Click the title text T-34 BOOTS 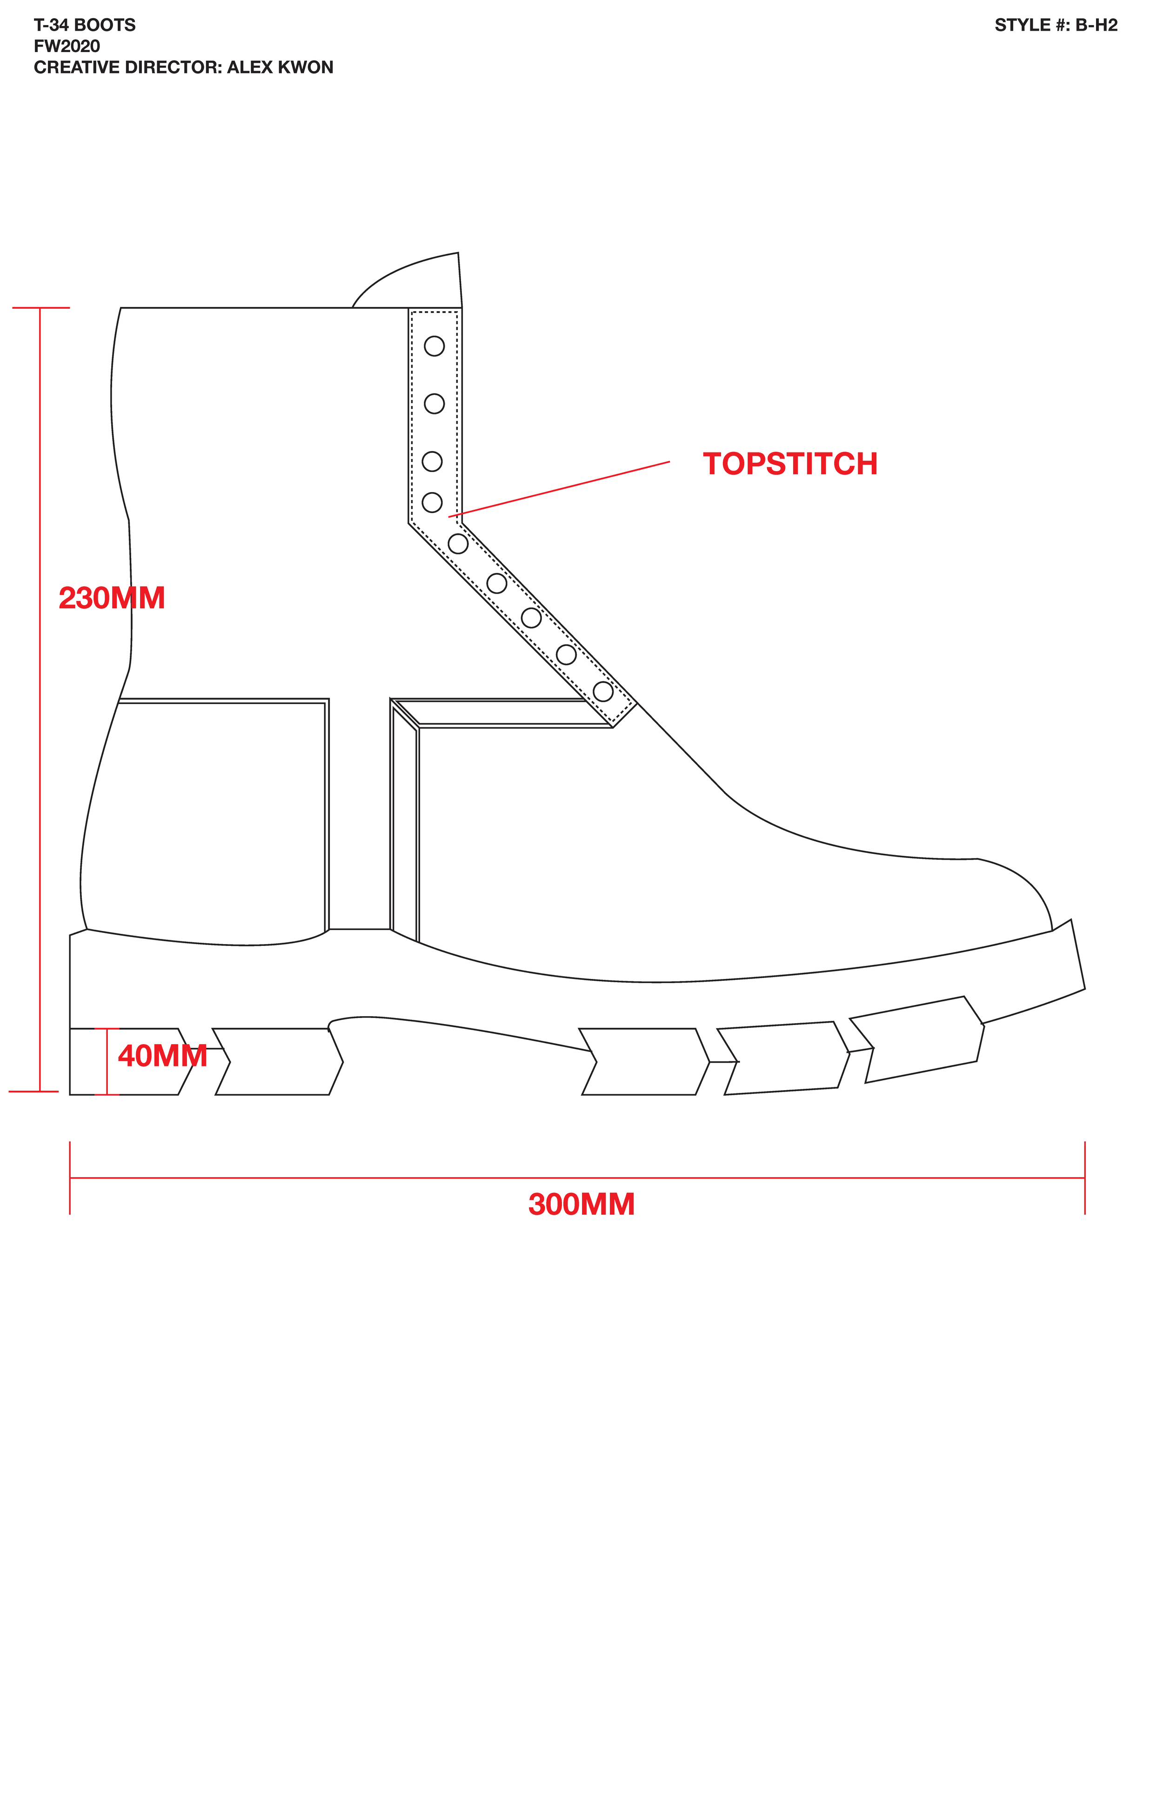[x=85, y=25]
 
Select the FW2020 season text [x=67, y=46]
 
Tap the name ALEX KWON [x=280, y=67]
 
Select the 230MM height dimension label [x=111, y=598]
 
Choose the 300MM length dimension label [x=581, y=1205]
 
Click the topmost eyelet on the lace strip [x=434, y=346]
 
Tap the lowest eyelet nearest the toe [x=602, y=691]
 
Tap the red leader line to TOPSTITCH [x=559, y=489]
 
